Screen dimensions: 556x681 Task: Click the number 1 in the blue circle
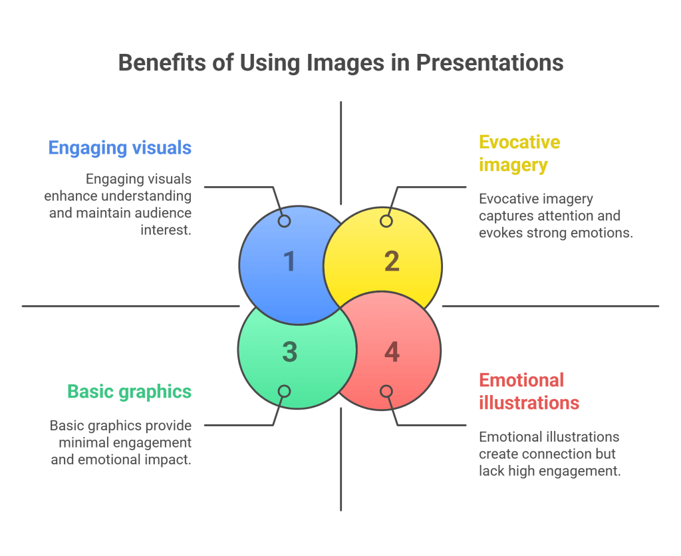(289, 261)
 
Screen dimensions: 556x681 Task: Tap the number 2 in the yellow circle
(392, 261)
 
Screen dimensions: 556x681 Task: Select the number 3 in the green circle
(289, 352)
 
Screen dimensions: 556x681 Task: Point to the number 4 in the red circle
(392, 352)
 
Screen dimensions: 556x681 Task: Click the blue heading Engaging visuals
(120, 148)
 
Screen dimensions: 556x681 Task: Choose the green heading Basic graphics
(129, 392)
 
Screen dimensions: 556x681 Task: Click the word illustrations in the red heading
(529, 403)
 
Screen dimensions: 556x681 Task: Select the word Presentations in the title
(489, 63)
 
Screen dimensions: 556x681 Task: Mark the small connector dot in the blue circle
(284, 221)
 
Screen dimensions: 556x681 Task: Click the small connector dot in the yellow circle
(386, 221)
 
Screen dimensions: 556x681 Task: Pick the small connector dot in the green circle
(284, 392)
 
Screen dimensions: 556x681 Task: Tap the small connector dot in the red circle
(386, 392)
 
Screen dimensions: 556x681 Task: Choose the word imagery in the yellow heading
(513, 164)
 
